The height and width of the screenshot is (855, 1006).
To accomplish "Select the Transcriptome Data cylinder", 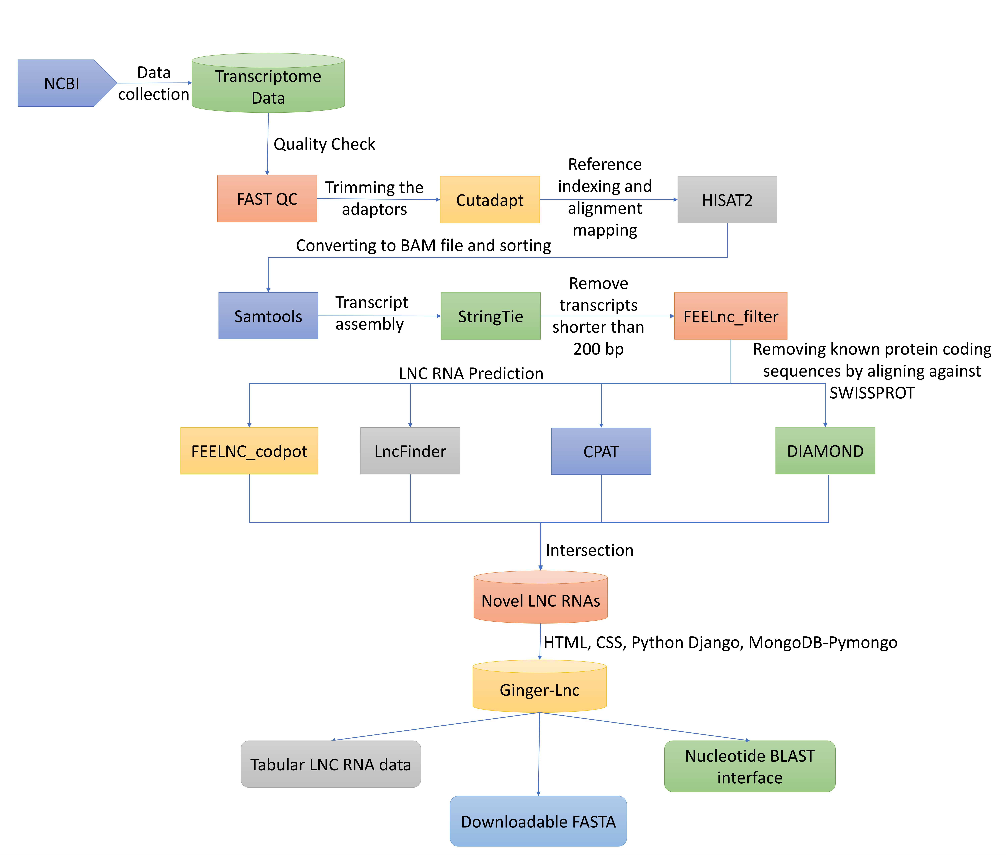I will point(268,86).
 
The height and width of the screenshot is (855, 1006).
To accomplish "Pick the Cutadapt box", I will point(490,200).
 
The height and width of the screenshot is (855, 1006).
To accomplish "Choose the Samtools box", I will point(268,316).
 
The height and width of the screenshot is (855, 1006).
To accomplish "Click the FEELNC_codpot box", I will point(249,451).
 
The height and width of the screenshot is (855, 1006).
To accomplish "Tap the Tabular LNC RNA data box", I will point(331,764).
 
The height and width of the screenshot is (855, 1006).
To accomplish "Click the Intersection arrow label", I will point(589,550).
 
